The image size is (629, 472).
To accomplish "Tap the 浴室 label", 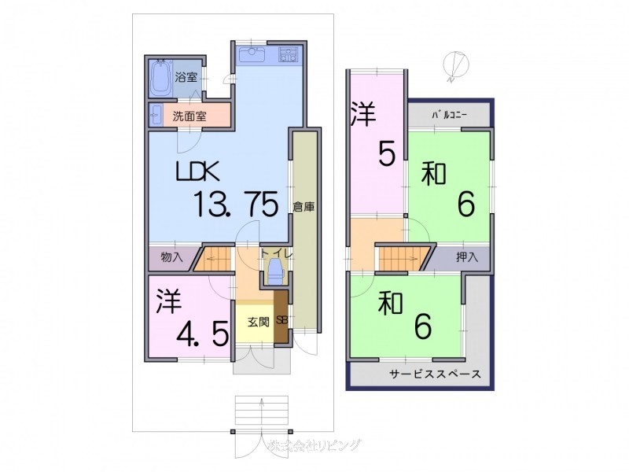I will pos(186,77).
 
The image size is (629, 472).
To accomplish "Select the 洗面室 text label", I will pos(189,116).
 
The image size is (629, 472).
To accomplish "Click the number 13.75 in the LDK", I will pos(236,205).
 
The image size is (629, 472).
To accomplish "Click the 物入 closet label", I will pos(171,256).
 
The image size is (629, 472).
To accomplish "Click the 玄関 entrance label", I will pos(256,322).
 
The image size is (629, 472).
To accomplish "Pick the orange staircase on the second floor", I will pos(404,256).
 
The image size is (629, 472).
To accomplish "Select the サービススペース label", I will pos(435,374).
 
